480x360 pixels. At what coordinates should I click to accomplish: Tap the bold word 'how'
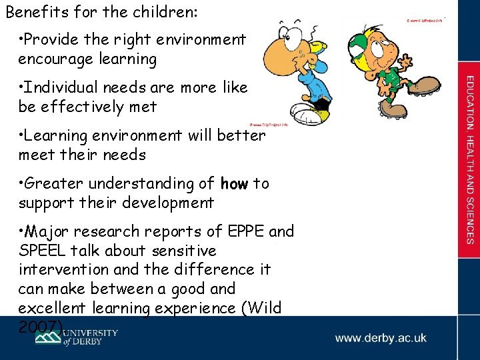tap(234, 183)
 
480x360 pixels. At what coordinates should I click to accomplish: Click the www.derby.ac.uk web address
tap(381, 338)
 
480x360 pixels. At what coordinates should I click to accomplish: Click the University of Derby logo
tap(77, 337)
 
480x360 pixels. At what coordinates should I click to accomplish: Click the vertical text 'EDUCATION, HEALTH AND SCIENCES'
tap(469, 159)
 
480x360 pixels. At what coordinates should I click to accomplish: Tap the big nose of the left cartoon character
tap(275, 51)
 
